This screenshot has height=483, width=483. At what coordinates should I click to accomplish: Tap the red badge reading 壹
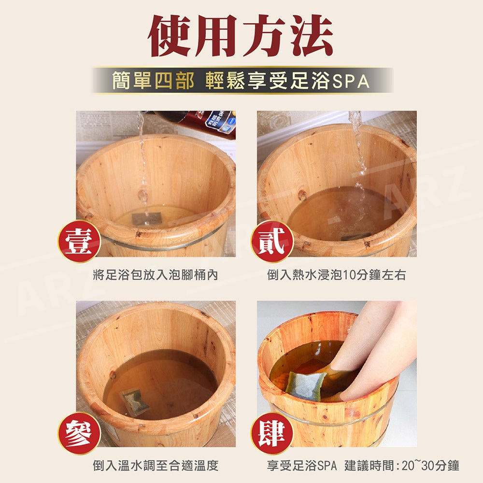click(79, 241)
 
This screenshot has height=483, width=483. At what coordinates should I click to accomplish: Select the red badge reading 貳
click(272, 241)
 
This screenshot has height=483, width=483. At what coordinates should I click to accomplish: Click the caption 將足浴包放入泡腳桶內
click(156, 275)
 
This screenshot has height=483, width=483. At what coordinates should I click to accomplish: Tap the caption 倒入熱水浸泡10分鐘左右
click(336, 275)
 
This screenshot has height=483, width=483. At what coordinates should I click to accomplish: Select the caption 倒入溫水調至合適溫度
click(156, 466)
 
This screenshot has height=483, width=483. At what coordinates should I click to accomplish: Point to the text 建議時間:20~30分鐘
click(402, 466)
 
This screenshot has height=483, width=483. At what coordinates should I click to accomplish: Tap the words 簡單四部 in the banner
click(153, 80)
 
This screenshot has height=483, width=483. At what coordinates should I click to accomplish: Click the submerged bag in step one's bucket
click(147, 218)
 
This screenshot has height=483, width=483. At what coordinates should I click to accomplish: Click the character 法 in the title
click(311, 36)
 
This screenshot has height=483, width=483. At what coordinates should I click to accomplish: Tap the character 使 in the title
click(170, 36)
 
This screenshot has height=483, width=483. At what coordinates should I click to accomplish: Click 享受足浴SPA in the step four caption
click(302, 466)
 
